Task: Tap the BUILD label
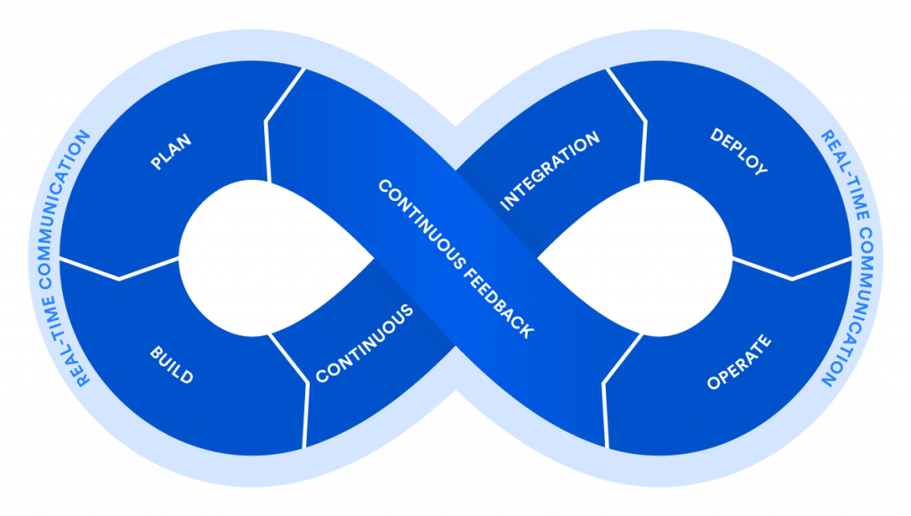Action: point(171,365)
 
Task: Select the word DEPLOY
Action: point(738,151)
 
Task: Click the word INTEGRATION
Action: point(550,172)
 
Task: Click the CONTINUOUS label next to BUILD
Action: point(365,343)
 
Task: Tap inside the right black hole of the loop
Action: point(641,258)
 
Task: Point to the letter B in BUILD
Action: point(155,353)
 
